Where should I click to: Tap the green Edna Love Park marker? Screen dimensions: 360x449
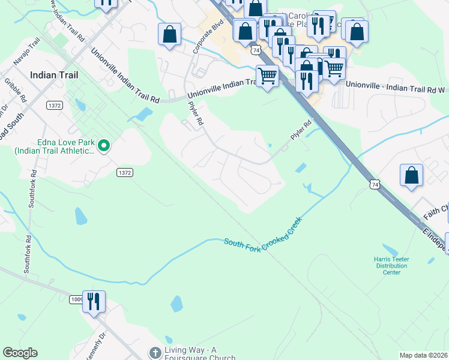point(104,145)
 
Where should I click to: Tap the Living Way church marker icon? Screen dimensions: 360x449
point(155,351)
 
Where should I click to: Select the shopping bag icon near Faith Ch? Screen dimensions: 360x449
point(412,175)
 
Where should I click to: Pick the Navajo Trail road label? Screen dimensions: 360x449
point(27,51)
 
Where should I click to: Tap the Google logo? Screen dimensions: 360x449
point(20,353)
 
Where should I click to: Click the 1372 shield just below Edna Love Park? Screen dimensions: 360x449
point(124,172)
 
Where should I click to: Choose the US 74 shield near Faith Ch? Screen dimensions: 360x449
point(375,185)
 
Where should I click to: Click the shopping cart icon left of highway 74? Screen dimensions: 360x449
point(267,76)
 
